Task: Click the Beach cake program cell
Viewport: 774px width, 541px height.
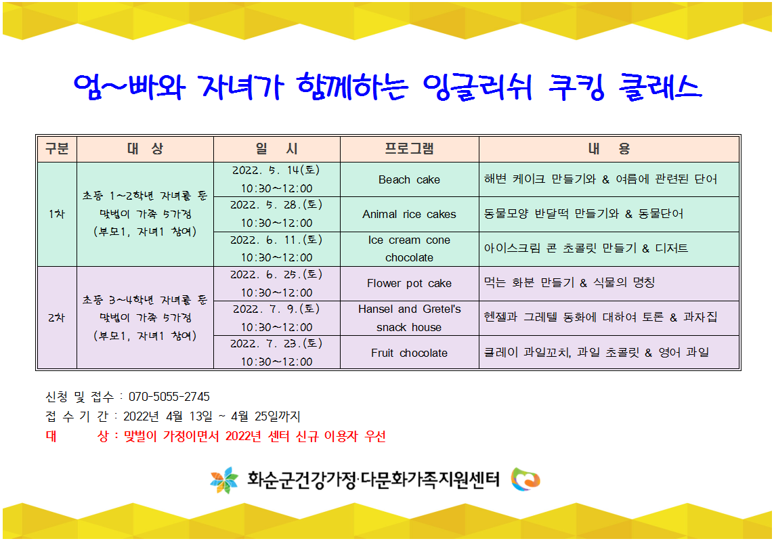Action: point(409,179)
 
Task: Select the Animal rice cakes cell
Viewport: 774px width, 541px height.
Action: point(409,214)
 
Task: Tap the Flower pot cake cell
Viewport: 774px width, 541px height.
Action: point(409,283)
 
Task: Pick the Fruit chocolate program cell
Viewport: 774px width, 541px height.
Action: point(409,353)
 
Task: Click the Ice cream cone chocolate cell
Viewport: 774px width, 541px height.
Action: point(409,248)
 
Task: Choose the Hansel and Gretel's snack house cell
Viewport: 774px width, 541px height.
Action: point(409,318)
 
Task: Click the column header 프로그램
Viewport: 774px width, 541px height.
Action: point(409,148)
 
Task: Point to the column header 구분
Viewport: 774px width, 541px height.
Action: point(57,148)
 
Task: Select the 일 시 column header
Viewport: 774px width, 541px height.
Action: point(276,148)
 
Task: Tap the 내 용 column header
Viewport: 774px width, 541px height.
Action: point(609,148)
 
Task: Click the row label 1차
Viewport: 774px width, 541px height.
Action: point(57,214)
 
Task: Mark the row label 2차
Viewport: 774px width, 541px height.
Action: point(57,318)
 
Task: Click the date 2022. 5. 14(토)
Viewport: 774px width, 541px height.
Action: point(276,171)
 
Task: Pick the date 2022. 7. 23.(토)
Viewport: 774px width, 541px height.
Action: point(276,343)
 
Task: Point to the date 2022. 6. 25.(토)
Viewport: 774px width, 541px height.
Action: point(276,274)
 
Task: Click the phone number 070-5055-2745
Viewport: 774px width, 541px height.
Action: point(169,397)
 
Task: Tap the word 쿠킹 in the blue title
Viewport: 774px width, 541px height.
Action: point(576,87)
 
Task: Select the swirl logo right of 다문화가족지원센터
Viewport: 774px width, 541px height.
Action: point(525,479)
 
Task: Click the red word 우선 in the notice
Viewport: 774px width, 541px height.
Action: point(375,436)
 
